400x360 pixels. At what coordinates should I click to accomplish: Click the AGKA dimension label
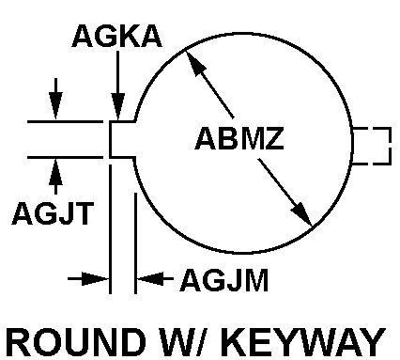(116, 36)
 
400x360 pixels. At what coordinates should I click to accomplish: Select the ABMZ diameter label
(239, 138)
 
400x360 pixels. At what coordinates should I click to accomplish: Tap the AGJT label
(53, 213)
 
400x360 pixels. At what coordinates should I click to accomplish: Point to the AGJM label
(224, 280)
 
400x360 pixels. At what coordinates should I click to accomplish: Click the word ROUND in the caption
(76, 341)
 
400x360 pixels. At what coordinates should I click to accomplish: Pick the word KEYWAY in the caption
(304, 341)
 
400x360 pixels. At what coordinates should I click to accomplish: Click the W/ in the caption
(186, 341)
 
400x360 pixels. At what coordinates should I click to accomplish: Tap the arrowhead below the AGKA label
(118, 106)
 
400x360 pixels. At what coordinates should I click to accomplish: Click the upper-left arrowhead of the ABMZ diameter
(195, 63)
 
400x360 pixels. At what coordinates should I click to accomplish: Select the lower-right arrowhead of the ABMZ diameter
(302, 214)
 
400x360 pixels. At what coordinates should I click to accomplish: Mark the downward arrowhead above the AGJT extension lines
(55, 105)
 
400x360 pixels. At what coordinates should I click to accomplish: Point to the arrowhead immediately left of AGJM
(151, 278)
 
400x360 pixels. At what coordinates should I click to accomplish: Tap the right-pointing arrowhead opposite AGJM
(95, 278)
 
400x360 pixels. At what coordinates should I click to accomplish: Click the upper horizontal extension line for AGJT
(65, 121)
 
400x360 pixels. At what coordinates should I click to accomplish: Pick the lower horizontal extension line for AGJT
(65, 157)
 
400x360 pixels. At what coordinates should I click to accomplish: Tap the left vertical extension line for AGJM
(110, 229)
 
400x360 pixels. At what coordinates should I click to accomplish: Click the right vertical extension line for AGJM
(135, 243)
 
